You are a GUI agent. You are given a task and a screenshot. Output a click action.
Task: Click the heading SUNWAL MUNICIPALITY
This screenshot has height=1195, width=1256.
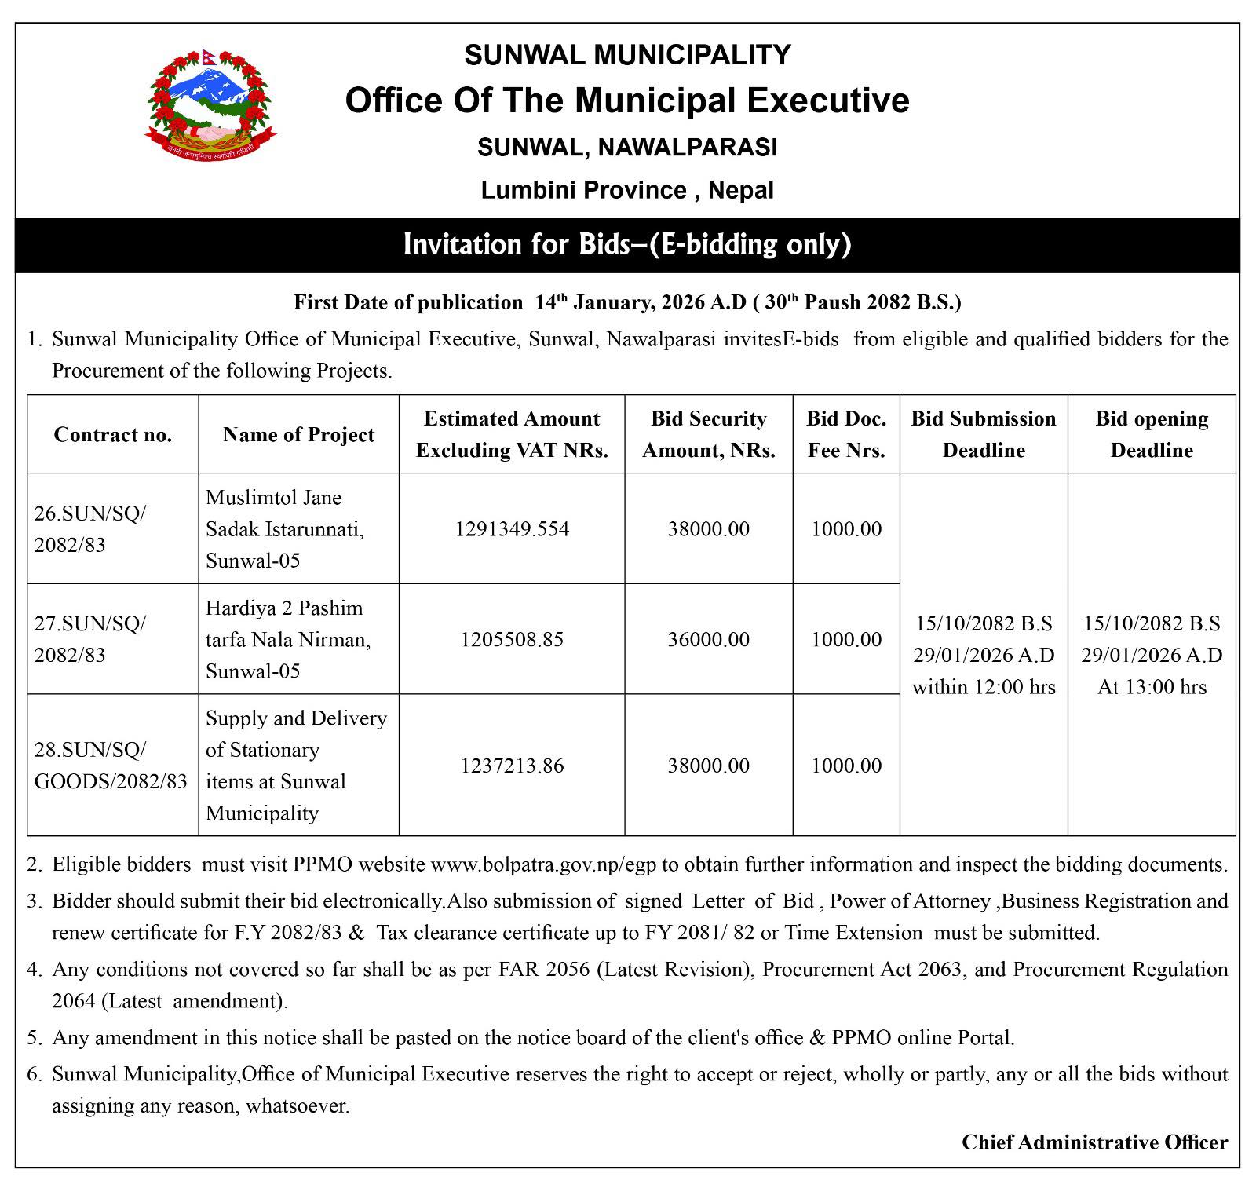pos(627,55)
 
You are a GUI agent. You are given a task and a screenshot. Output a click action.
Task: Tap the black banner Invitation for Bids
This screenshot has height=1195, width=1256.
pos(627,245)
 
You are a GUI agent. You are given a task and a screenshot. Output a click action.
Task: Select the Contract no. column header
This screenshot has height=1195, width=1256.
pos(113,435)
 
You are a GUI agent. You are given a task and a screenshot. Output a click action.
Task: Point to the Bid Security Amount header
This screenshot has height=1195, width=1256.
pos(709,434)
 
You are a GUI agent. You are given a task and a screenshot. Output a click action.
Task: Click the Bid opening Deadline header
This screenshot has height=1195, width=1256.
pos(1152,434)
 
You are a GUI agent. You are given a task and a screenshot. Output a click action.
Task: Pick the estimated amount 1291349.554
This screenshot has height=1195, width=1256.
pos(512,529)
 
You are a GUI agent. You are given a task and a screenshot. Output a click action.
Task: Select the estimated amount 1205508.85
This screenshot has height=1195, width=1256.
pos(512,640)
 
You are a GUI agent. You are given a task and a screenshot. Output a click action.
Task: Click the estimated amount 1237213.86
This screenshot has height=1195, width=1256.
pos(512,766)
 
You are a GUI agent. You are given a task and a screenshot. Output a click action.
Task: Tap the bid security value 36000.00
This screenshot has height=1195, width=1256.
pos(709,640)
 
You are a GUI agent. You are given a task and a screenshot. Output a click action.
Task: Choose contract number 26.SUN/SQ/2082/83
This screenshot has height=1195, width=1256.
pos(90,529)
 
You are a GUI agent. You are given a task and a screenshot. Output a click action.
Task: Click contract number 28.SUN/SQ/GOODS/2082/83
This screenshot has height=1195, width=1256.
pos(111,766)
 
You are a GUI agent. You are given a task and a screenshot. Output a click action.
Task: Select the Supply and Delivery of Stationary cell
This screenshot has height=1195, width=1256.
pos(297,766)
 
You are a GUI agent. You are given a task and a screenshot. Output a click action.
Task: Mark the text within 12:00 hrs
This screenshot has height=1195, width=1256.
pos(984,687)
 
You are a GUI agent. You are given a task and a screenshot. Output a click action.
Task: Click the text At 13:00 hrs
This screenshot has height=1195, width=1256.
pos(1152,687)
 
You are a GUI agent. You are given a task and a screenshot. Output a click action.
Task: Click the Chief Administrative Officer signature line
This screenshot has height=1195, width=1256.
pos(1094,1142)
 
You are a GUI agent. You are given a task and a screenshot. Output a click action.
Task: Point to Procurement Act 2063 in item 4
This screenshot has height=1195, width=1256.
pos(862,970)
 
